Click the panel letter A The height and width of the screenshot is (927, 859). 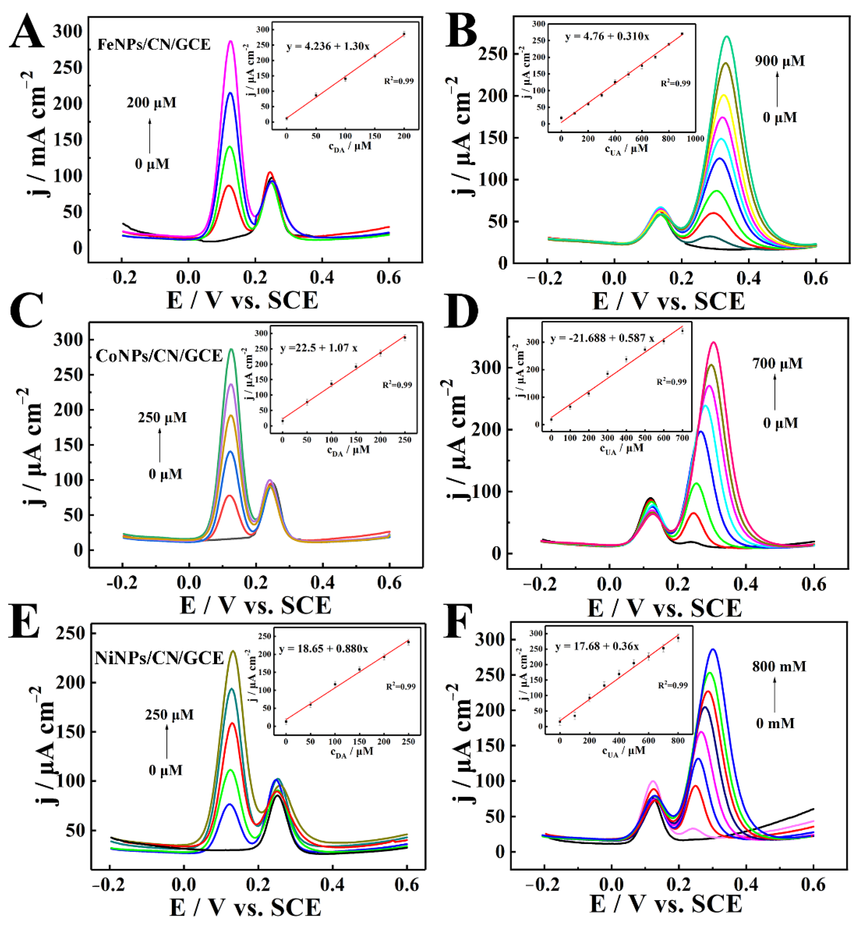click(27, 32)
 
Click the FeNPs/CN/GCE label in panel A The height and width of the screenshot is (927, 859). click(153, 45)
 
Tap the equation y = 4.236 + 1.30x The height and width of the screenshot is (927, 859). click(328, 46)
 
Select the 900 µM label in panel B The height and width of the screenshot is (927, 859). click(780, 61)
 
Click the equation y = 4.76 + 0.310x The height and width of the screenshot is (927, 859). click(607, 36)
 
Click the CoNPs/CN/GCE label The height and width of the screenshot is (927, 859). click(159, 356)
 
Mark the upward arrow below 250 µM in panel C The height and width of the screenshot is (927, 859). click(160, 445)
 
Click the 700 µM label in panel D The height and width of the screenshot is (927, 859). click(777, 363)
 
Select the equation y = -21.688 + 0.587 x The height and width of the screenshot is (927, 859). click(602, 339)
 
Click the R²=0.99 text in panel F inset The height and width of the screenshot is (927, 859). click(672, 685)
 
